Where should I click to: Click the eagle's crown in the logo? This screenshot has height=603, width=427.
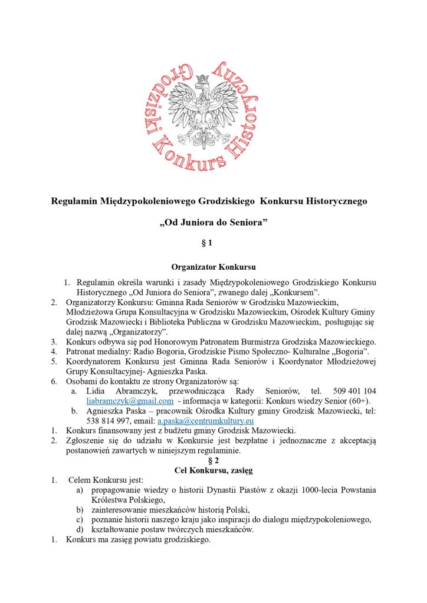(203, 78)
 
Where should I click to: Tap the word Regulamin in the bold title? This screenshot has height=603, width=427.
(74, 201)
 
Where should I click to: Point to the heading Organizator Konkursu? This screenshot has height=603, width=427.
(213, 267)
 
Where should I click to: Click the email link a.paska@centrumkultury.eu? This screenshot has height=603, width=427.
(205, 421)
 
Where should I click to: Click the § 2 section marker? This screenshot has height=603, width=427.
(213, 461)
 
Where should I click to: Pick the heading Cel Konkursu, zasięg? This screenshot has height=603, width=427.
(213, 471)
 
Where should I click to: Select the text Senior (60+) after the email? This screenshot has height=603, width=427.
(347, 401)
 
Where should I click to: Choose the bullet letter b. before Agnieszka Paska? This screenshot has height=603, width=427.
(75, 411)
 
